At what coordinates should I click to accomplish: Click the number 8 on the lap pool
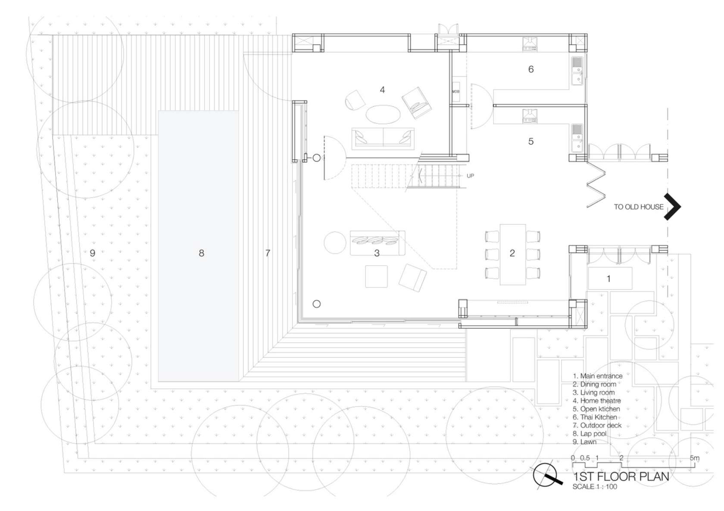pyautogui.click(x=201, y=253)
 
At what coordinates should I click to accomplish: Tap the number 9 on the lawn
pyautogui.click(x=92, y=253)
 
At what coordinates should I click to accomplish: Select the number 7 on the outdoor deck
pyautogui.click(x=268, y=253)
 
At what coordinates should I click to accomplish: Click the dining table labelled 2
pyautogui.click(x=512, y=254)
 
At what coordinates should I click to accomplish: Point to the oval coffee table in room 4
pyautogui.click(x=383, y=115)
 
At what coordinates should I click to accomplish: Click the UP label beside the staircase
pyautogui.click(x=470, y=176)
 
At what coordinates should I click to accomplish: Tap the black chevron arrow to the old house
pyautogui.click(x=672, y=207)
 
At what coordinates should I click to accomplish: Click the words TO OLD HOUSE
pyautogui.click(x=638, y=207)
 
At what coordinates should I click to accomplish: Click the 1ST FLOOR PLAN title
pyautogui.click(x=621, y=477)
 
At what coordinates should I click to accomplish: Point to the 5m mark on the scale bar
pyautogui.click(x=694, y=458)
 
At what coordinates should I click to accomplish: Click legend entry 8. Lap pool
pyautogui.click(x=590, y=434)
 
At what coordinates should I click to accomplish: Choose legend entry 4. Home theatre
pyautogui.click(x=597, y=401)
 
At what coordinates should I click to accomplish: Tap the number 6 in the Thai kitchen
pyautogui.click(x=531, y=69)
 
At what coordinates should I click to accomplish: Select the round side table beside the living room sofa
pyautogui.click(x=335, y=242)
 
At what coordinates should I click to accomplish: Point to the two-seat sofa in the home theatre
pyautogui.click(x=383, y=139)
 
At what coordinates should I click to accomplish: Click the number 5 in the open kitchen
pyautogui.click(x=531, y=142)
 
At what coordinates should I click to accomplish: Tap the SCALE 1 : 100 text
pyautogui.click(x=595, y=487)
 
